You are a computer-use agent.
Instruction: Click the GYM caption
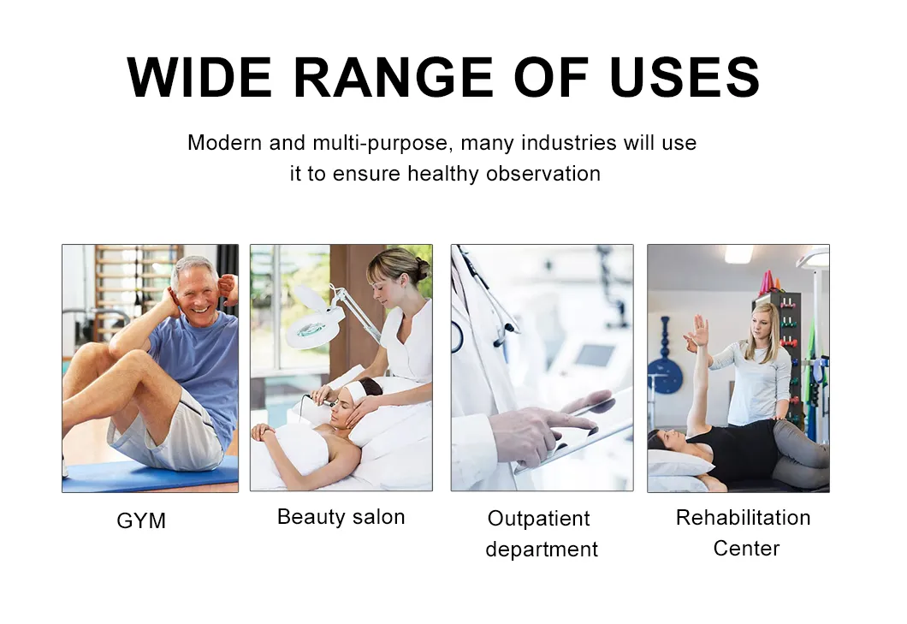tap(141, 520)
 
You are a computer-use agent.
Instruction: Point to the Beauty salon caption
tap(341, 517)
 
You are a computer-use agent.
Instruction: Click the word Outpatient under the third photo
tap(538, 519)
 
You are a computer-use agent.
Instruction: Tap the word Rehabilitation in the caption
tap(743, 518)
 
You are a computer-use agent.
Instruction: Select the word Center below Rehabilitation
tap(746, 549)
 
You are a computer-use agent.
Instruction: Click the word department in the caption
tap(542, 550)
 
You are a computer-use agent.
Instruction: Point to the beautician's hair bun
tap(421, 267)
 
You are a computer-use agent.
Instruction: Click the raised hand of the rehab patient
tap(700, 330)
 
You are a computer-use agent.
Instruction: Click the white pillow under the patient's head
tap(676, 464)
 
